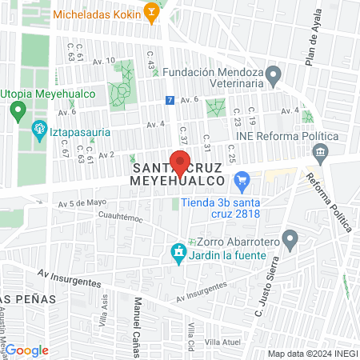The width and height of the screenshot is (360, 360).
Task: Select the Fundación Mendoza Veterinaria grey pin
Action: [x=274, y=78]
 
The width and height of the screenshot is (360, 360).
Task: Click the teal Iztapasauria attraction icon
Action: [x=38, y=129]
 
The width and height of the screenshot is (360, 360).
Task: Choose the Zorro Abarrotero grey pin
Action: [x=290, y=238]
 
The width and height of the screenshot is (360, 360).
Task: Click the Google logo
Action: [x=26, y=350]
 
